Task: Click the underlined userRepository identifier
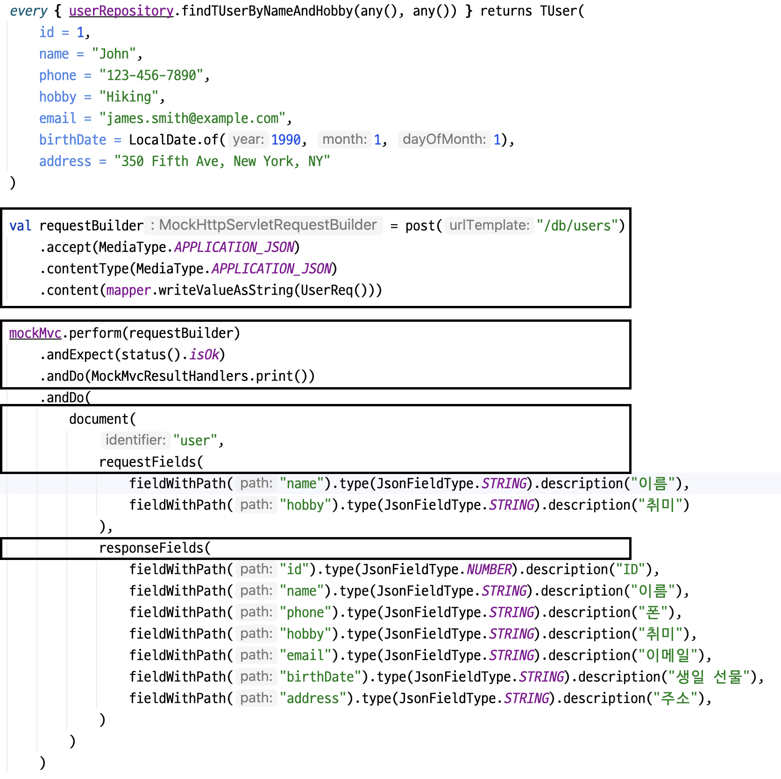coord(121,11)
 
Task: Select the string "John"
coord(114,54)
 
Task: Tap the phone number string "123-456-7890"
coord(151,75)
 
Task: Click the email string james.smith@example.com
coord(192,118)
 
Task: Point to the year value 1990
coord(286,140)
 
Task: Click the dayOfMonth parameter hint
coord(444,140)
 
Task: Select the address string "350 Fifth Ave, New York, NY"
coord(222,161)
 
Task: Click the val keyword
coord(20,226)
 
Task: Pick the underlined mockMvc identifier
coord(35,333)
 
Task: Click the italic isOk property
coord(204,354)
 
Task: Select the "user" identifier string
coord(195,440)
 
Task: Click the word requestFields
coord(148,462)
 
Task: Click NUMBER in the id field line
coord(489,569)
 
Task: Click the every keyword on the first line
coord(28,11)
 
